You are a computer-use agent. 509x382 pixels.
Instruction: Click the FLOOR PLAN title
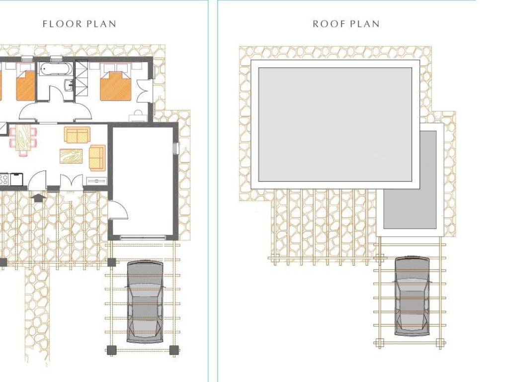(x=80, y=24)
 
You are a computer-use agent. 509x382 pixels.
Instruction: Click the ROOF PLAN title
(x=346, y=24)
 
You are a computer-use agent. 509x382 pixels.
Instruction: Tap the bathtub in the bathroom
(x=56, y=69)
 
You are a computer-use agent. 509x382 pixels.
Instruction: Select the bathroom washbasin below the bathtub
(x=69, y=85)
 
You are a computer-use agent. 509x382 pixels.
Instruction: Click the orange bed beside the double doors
(x=115, y=86)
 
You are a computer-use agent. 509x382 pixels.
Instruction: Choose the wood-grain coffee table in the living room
(x=71, y=156)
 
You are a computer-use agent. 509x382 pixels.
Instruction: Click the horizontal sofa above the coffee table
(x=77, y=135)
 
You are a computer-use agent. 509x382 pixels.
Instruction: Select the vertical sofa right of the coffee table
(x=97, y=158)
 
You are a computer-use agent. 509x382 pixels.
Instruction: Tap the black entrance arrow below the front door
(x=38, y=197)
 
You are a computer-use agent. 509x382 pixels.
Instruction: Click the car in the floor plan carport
(x=145, y=301)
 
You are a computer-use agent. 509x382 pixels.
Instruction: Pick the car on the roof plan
(x=412, y=295)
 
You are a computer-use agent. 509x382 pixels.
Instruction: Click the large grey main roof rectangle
(x=336, y=124)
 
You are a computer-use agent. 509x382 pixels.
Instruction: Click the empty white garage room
(x=143, y=180)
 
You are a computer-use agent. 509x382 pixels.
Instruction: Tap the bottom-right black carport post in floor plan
(x=174, y=350)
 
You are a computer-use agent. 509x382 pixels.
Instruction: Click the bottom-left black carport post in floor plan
(x=111, y=350)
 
